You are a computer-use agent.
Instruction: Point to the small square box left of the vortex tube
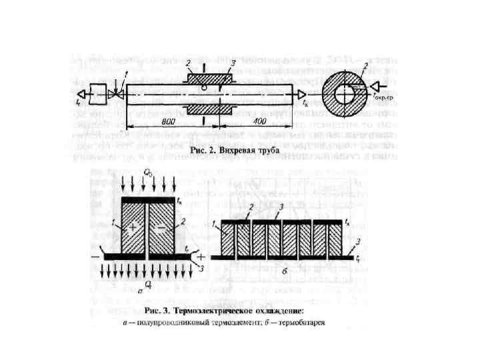coord(98,94)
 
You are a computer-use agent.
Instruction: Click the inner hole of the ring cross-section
coord(344,94)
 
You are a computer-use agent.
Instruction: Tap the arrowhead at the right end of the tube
coord(302,94)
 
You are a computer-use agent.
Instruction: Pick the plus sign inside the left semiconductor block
coord(134,227)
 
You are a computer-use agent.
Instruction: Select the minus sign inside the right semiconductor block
coord(161,227)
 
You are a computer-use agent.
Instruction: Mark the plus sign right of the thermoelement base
coord(201,257)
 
